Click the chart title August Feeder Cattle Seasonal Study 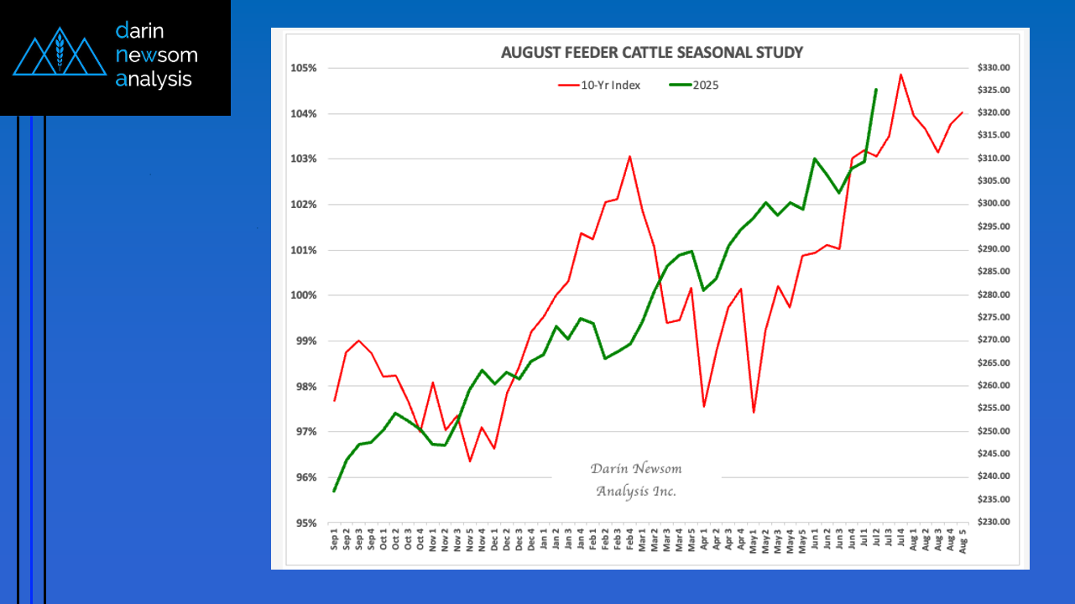coord(651,53)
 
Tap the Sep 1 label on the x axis coord(335,539)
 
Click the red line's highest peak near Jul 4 coord(900,75)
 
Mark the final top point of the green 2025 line coord(876,90)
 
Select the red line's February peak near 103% coord(629,157)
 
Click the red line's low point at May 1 coord(754,412)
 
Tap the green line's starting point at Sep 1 coord(334,491)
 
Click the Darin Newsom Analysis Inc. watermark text coord(636,480)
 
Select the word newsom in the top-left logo coord(157,55)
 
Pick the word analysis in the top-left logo coord(154,80)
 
